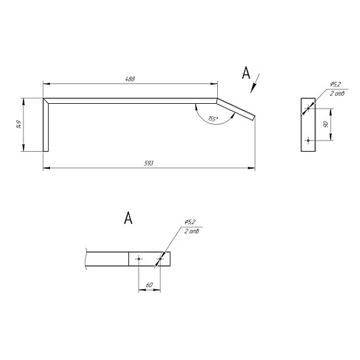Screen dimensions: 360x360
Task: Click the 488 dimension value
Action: coord(130,79)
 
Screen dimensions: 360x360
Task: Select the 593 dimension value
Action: coord(149,163)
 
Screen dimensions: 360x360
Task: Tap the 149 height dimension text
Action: coord(19,124)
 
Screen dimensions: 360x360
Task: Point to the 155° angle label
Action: coord(213,119)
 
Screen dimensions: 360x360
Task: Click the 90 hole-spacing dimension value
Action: coord(326,124)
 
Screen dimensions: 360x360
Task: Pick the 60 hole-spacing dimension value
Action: coord(149,285)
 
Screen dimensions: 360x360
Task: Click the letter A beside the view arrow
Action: coord(246,73)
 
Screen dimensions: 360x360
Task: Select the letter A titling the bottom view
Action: coord(128,218)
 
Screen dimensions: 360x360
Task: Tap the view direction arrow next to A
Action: coord(255,83)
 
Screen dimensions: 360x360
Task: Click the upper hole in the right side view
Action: coord(308,109)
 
